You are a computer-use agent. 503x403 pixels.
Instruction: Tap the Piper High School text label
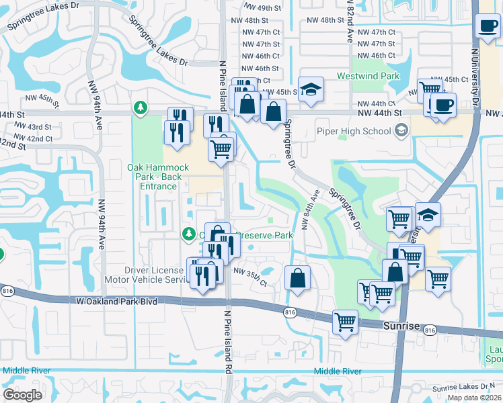click(x=358, y=130)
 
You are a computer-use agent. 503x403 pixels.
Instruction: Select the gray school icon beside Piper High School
click(x=401, y=130)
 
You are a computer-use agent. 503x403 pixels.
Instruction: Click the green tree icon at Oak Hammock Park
click(x=140, y=107)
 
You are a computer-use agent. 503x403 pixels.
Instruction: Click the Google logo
click(x=23, y=394)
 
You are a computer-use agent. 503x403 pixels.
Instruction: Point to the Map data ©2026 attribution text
click(x=473, y=398)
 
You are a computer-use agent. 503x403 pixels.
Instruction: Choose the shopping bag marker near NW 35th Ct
click(x=297, y=278)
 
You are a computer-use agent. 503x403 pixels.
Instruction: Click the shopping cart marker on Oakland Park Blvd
click(x=345, y=322)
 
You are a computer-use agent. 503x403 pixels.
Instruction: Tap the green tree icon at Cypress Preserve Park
click(x=189, y=234)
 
